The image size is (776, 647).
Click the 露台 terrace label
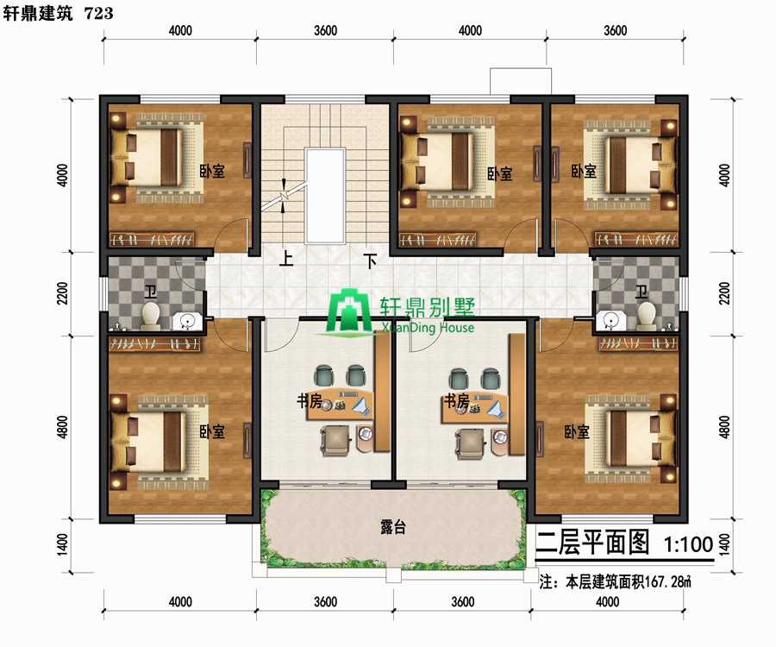pos(393,527)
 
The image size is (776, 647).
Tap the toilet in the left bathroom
pos(150,317)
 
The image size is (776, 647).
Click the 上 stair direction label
pos(286,259)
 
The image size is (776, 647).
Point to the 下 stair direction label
pos(370,261)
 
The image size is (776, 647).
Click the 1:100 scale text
pos(688,544)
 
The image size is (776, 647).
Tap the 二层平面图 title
pos(592,542)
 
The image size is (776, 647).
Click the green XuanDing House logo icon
pos(349,311)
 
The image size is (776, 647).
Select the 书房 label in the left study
pos(310,400)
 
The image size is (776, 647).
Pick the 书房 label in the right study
pos(456,400)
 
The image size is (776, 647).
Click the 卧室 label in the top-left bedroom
pos(212,172)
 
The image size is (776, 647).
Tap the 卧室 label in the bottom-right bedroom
pos(577,431)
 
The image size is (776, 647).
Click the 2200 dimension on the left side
pos(62,293)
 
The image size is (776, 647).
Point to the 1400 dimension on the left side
pos(62,544)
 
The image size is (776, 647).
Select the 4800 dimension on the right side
pos(724,427)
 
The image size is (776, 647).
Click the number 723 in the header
pos(99,13)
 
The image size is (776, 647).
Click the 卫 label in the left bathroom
pos(150,292)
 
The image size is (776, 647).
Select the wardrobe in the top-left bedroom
pos(152,240)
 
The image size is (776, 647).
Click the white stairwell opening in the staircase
pos(325,196)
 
